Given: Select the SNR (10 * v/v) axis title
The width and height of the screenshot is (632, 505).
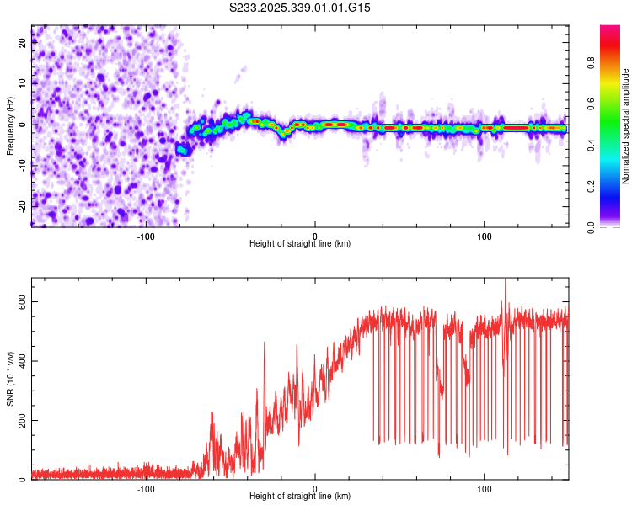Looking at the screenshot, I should [x=10, y=379].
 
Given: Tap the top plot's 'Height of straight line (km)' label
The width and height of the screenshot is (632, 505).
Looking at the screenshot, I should [x=300, y=243].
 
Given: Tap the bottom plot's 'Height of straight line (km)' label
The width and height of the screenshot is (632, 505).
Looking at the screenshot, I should [x=300, y=497].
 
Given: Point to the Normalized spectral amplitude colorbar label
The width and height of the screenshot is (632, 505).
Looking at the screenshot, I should [x=626, y=126].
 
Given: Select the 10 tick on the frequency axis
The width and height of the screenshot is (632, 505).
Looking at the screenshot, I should [x=23, y=83].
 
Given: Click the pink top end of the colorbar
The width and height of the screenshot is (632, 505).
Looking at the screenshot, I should [x=609, y=29].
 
